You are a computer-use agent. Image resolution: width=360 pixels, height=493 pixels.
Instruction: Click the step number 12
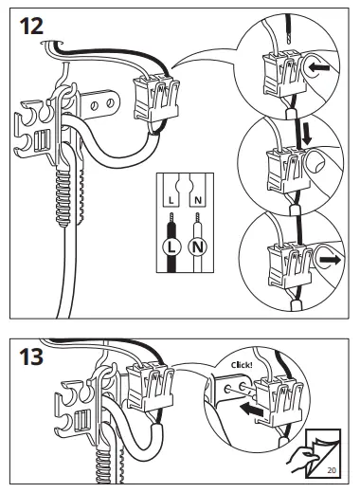pos(31,27)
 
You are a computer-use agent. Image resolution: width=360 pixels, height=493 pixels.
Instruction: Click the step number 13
pos(31,356)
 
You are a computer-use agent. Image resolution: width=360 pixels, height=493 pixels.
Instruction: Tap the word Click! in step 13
pos(242,365)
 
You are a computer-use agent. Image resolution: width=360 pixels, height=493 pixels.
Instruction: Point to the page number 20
pos(332,470)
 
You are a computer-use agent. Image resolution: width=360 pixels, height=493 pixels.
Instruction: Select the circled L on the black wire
pos(171,247)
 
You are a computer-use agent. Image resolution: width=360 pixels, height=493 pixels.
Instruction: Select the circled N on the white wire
pos(198,247)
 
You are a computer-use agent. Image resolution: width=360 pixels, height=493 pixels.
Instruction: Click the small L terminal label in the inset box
pos(171,200)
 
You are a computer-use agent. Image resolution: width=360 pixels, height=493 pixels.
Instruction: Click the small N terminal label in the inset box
pos(198,200)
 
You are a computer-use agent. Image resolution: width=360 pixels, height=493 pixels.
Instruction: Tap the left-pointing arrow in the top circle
pos(319,67)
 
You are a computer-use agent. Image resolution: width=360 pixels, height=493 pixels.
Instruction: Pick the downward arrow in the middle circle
pos(306,134)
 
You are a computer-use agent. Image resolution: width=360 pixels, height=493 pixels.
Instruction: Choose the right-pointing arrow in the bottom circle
pos(330,260)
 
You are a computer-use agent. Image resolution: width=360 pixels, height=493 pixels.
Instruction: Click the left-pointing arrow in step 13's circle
pos(252,410)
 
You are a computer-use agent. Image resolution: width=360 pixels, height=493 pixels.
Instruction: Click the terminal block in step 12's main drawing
pos(156,98)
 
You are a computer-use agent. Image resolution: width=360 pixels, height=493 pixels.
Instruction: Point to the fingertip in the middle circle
pos(315,161)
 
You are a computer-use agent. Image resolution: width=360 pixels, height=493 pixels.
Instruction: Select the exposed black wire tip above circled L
pos(171,218)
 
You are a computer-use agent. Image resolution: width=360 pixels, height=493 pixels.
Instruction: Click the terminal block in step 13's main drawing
pos(150,387)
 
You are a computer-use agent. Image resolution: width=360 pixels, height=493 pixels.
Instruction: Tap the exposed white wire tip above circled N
pos(198,218)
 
